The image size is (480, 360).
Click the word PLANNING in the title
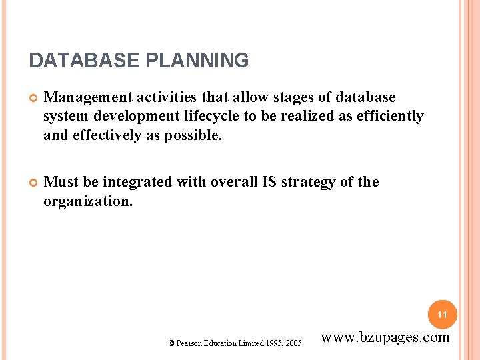196,61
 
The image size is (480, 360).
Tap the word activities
164,98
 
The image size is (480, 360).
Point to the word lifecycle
207,116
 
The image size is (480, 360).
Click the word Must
61,182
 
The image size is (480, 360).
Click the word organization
87,200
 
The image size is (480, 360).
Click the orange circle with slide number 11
442,314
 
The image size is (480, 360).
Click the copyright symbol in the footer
171,343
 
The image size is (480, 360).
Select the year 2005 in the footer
293,343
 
